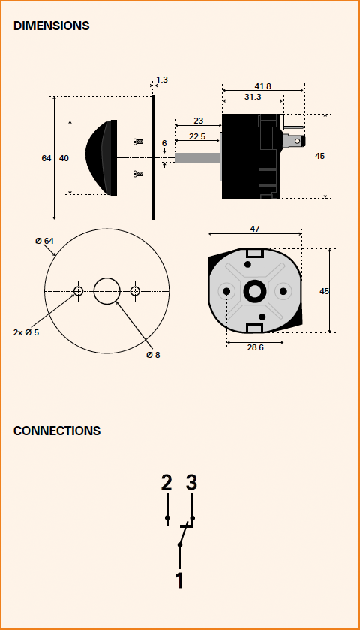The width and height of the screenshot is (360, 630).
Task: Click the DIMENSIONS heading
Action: click(52, 25)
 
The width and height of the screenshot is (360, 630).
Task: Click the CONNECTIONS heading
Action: click(57, 430)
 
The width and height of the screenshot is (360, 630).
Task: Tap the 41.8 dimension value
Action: click(262, 86)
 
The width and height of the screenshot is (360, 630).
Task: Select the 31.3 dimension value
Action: click(253, 97)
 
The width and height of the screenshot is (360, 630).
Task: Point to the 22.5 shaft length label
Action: click(197, 136)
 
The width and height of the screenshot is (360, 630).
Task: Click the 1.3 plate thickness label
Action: click(161, 79)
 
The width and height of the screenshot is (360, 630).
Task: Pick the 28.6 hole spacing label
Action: click(255, 347)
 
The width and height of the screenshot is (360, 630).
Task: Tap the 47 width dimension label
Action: click(255, 229)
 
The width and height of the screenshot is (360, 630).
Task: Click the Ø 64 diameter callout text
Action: click(44, 241)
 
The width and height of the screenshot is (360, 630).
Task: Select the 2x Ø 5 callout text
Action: click(26, 333)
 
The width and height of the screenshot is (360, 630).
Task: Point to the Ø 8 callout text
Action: click(153, 355)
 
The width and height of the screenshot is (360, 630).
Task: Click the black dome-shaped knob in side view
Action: click(101, 158)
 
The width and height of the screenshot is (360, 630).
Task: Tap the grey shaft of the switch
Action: click(197, 158)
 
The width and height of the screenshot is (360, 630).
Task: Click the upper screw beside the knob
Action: click(138, 142)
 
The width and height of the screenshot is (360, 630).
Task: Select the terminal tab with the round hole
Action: click(294, 141)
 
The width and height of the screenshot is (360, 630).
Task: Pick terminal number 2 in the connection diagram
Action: click(166, 483)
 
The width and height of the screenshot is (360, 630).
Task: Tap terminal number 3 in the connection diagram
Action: click(192, 483)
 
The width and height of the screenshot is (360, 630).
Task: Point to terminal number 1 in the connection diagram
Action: click(179, 580)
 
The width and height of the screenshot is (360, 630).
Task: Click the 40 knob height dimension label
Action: click(64, 158)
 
